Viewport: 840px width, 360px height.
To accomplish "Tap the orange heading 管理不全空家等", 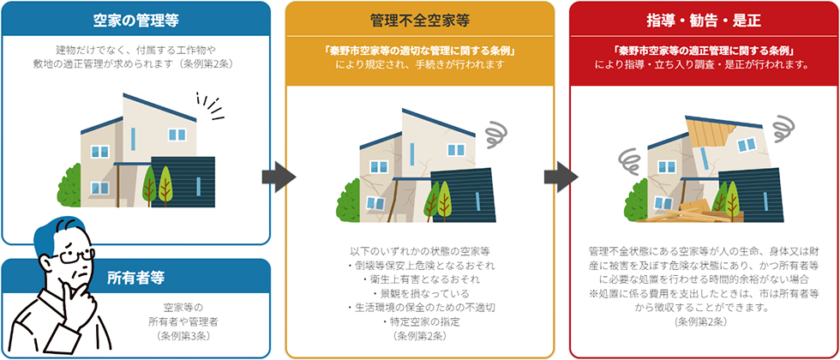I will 419,18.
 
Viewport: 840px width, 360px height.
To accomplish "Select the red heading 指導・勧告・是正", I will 700,18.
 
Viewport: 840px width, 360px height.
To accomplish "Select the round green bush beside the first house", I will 69,182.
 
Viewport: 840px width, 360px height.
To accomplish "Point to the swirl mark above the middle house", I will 496,134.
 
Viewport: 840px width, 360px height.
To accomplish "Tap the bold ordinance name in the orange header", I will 419,49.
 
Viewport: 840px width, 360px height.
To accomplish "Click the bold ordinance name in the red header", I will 700,49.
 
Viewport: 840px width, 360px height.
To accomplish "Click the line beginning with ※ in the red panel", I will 700,293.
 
